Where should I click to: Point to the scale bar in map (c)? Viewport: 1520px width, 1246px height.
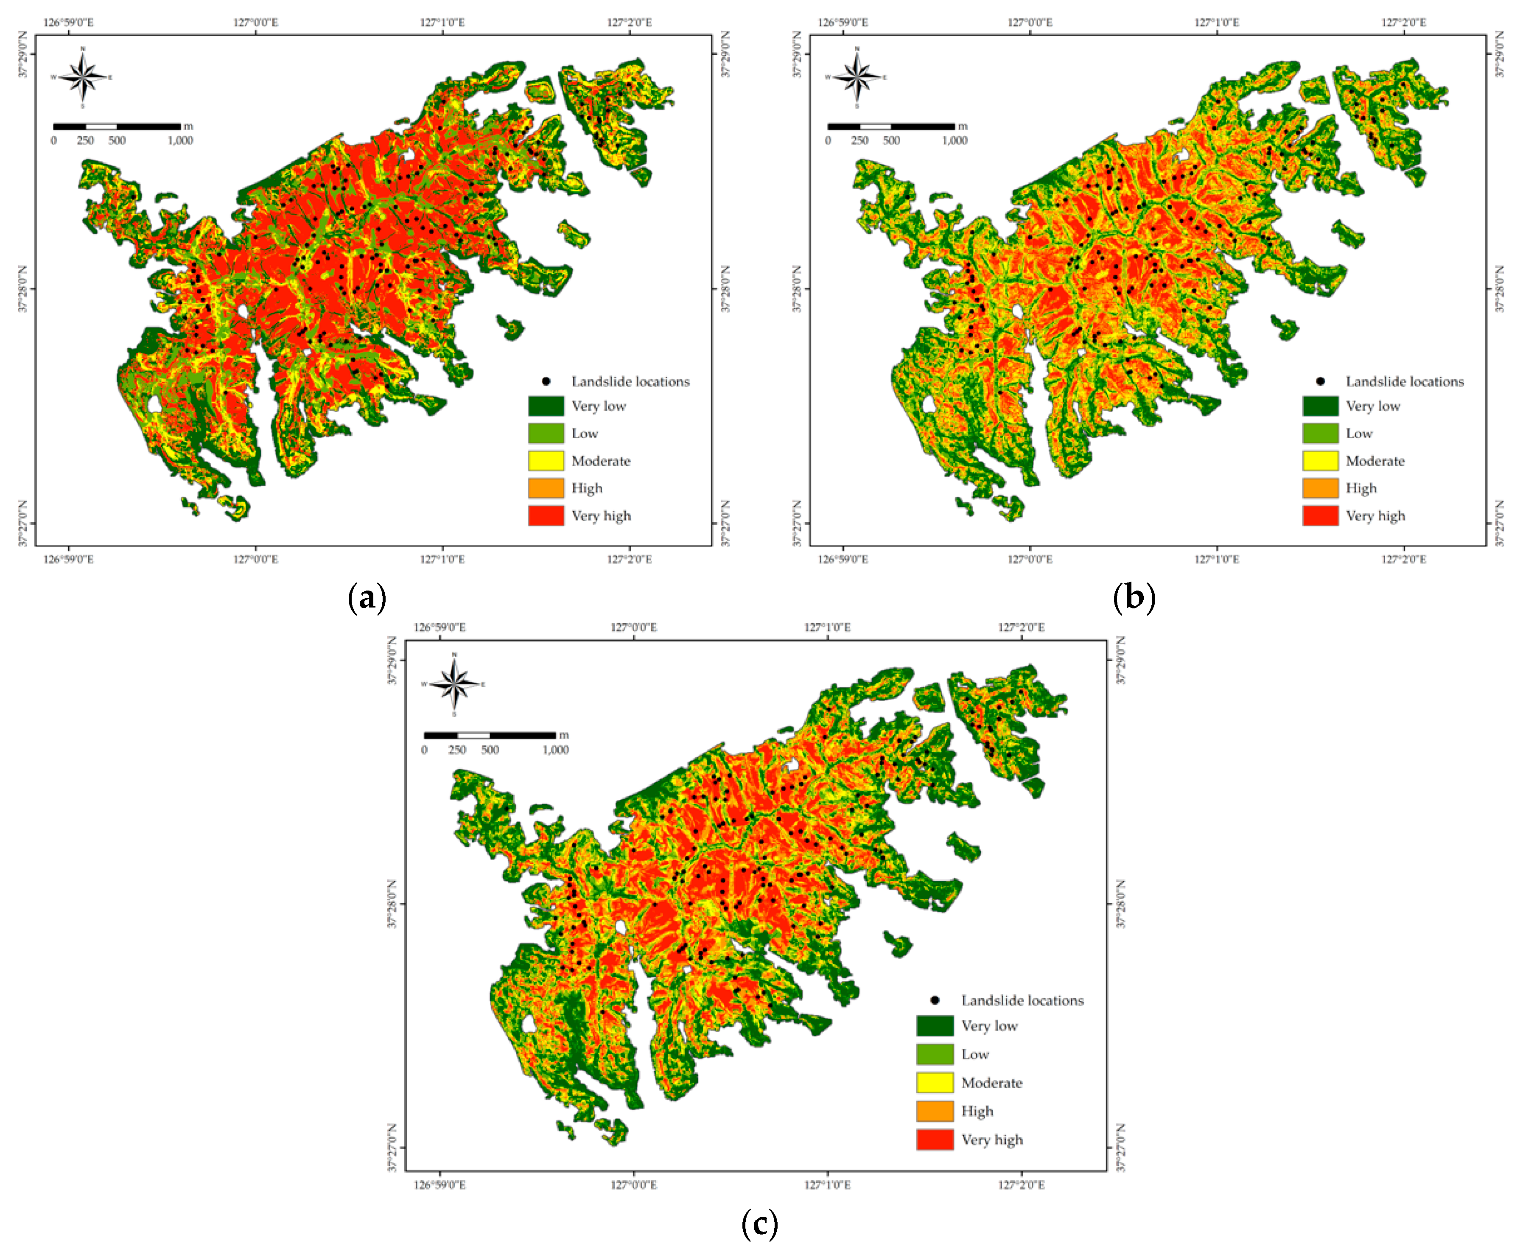[x=490, y=735]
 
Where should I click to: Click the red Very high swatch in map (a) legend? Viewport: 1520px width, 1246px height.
[x=546, y=515]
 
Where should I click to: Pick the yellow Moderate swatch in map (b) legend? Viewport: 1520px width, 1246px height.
[x=1320, y=461]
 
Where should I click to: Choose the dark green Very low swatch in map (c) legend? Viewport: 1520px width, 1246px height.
[x=935, y=1026]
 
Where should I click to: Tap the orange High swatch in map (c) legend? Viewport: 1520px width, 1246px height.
[x=935, y=1111]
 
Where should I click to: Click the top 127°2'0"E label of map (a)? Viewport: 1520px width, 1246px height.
[x=630, y=22]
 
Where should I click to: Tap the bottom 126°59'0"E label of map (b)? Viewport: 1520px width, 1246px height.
[x=843, y=559]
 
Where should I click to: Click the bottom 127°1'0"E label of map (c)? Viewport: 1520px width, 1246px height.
[x=828, y=1184]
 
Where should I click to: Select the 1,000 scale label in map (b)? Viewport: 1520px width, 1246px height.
[x=955, y=141]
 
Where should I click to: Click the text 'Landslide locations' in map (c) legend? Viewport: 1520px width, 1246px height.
[x=1022, y=1000]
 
